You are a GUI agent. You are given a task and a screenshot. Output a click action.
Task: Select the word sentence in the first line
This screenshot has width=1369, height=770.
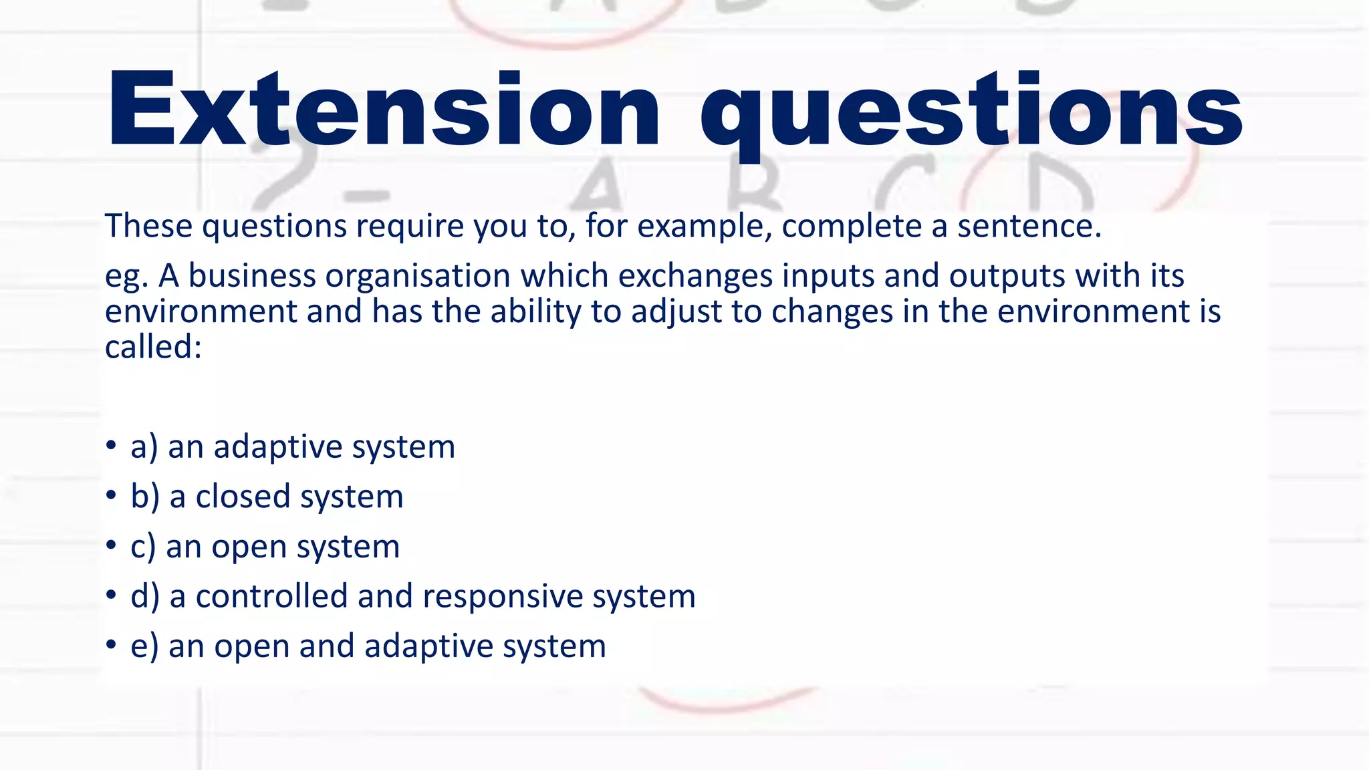(x=1029, y=226)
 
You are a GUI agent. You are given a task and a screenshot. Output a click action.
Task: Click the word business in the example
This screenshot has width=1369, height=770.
(x=252, y=275)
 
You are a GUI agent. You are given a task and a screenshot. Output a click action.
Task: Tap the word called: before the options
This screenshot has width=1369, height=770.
(x=153, y=346)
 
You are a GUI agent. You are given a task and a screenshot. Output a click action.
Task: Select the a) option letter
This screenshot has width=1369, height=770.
(x=144, y=446)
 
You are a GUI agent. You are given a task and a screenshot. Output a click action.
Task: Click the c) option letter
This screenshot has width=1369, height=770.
(x=143, y=547)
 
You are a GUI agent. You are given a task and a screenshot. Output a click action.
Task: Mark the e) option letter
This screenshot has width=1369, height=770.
(x=144, y=646)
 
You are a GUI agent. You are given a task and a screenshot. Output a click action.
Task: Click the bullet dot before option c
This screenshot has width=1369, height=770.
(x=111, y=545)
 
